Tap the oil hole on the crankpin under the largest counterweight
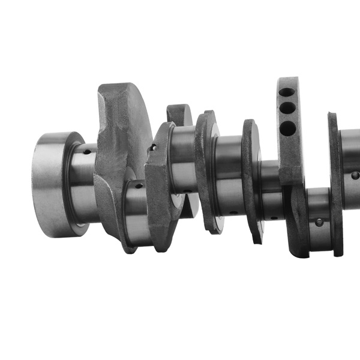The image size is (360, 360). (x=139, y=186)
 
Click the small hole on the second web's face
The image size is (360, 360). (x=154, y=146)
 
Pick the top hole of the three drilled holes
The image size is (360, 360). (x=287, y=92)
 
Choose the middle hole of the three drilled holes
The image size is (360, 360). (x=288, y=109)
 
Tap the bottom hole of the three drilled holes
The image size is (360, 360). (x=289, y=127)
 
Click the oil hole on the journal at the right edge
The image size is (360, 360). (x=355, y=175)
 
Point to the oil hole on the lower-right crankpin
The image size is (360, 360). (x=319, y=222)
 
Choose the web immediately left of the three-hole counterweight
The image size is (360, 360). (x=251, y=180)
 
